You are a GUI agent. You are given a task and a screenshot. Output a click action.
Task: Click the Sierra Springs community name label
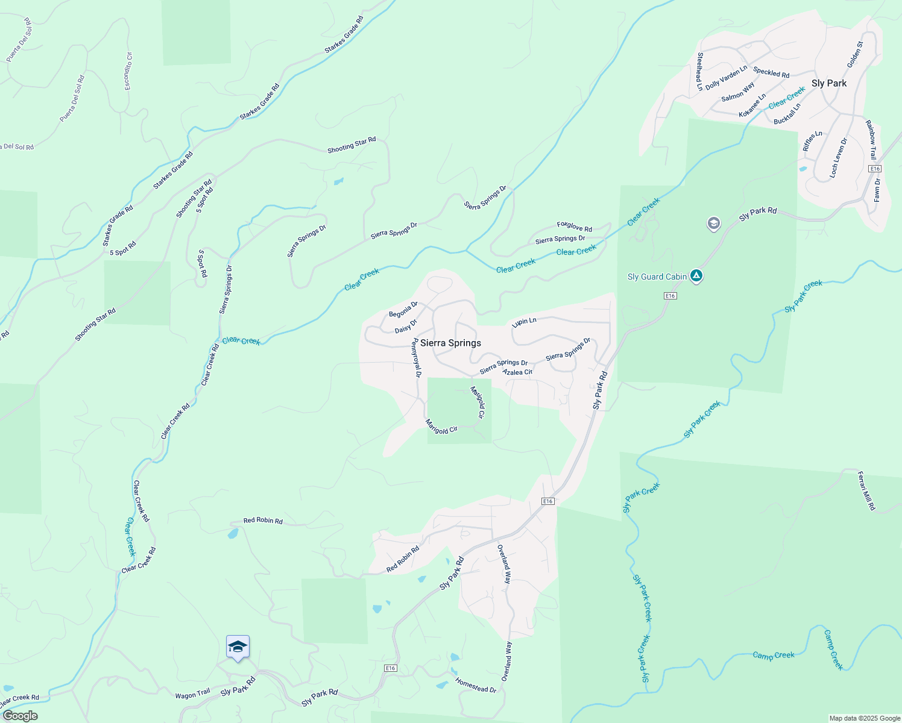click(450, 343)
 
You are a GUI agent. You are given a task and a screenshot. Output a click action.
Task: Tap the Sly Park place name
click(828, 83)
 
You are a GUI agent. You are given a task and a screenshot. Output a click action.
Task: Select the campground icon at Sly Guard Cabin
click(696, 276)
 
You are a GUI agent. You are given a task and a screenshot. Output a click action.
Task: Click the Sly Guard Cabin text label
click(657, 277)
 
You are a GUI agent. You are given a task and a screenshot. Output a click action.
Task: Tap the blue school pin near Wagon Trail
click(238, 647)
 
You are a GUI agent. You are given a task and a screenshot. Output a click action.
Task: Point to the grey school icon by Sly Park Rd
click(713, 224)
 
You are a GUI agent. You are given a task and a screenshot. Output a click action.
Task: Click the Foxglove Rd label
click(574, 227)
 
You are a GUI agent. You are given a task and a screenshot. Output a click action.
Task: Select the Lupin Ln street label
click(524, 322)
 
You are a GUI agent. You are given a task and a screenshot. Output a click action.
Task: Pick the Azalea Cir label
click(517, 372)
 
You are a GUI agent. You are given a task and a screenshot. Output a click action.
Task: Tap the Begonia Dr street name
click(403, 310)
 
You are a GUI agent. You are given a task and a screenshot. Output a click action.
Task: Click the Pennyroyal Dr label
click(415, 358)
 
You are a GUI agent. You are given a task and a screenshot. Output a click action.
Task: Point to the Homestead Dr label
click(476, 685)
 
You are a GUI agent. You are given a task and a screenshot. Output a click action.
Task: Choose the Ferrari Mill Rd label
click(866, 491)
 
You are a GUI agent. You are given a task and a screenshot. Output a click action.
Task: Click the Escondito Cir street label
click(128, 71)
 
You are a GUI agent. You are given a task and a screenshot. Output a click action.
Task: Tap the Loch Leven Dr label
click(838, 158)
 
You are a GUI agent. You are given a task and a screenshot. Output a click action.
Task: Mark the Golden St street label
click(855, 54)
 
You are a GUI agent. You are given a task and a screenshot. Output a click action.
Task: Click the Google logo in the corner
click(19, 716)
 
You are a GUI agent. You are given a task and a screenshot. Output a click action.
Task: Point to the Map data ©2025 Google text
click(865, 718)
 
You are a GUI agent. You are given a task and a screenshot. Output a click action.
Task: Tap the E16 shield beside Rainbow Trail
click(875, 169)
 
